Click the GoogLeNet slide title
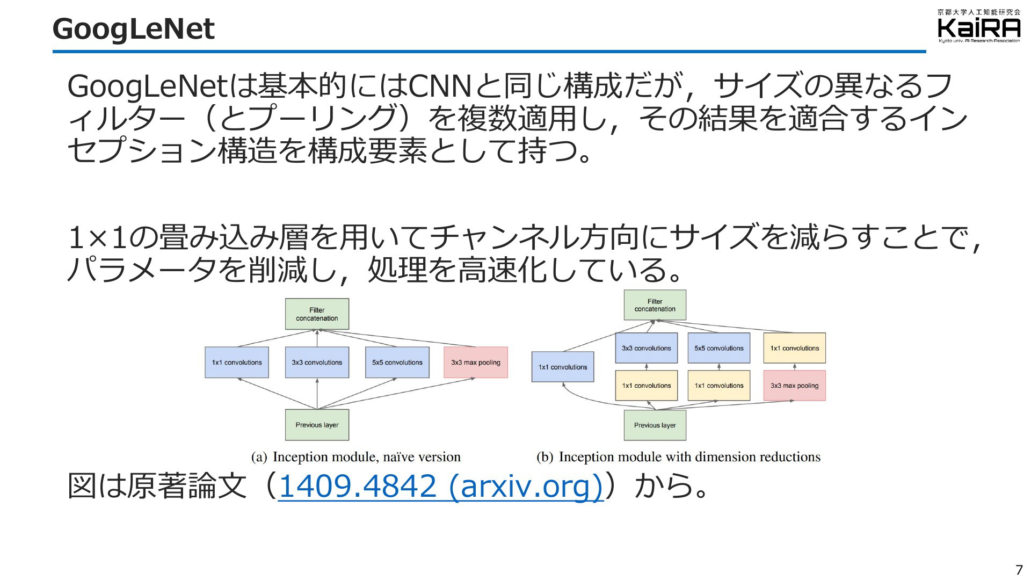(133, 30)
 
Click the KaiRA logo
(979, 26)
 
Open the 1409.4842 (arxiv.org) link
(441, 486)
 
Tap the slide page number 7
(1019, 569)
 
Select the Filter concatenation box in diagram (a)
(317, 314)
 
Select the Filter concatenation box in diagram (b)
(655, 305)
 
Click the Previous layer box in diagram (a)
(317, 425)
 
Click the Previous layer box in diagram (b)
(655, 425)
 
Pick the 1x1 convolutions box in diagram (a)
(237, 363)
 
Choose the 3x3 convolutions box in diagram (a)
(317, 363)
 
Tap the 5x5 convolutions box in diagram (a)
(397, 363)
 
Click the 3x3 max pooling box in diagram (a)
(476, 363)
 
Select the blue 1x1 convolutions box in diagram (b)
(563, 367)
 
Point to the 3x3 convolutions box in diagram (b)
(647, 348)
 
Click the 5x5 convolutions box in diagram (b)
(719, 348)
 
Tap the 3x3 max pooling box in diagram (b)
(795, 386)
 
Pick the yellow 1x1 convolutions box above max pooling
(795, 348)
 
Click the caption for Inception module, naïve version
(356, 457)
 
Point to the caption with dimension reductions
(678, 457)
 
